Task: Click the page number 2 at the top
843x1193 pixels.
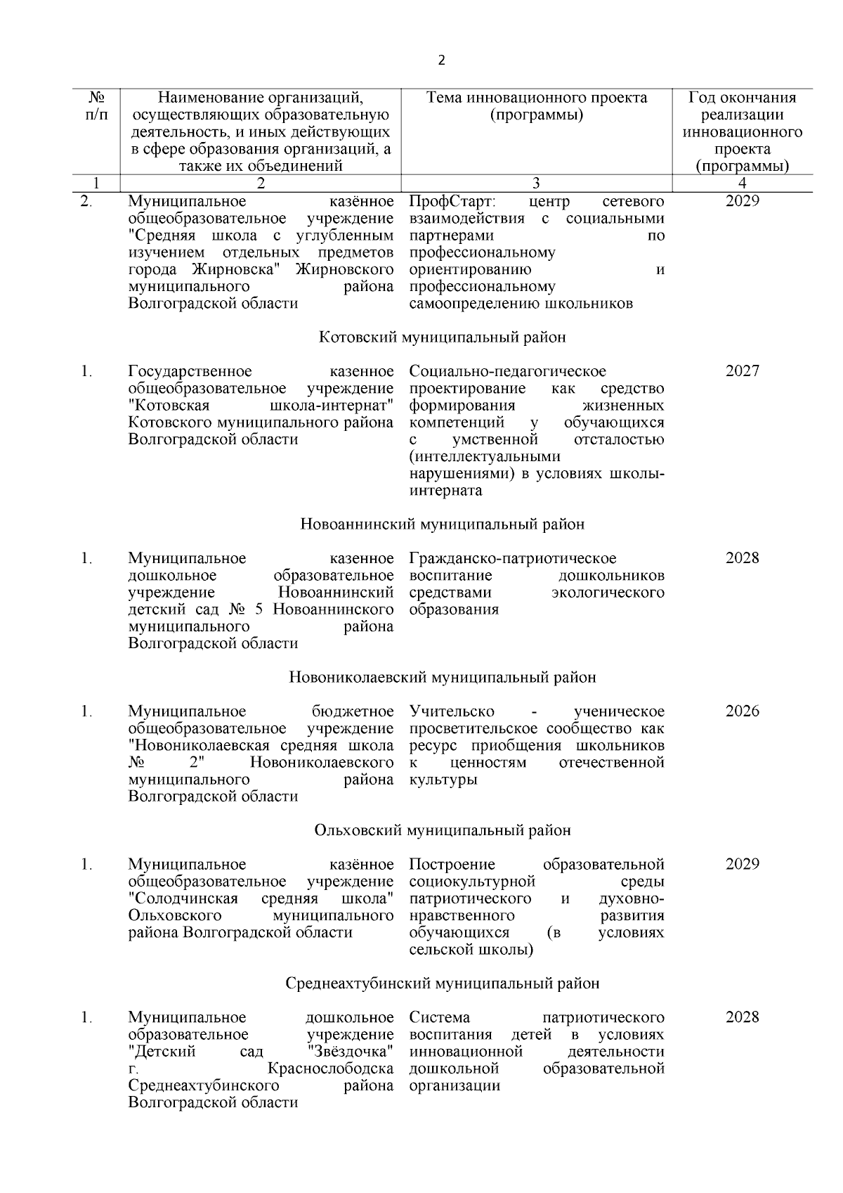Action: click(x=441, y=61)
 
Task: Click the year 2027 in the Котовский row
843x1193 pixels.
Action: click(x=742, y=371)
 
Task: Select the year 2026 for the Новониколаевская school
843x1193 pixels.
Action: click(x=742, y=711)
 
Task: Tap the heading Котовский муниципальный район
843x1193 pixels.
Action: click(x=442, y=337)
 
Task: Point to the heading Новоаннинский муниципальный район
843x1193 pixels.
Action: click(x=442, y=524)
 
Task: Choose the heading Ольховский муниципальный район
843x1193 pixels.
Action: click(x=442, y=831)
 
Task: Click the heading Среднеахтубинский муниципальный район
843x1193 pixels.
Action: click(x=442, y=984)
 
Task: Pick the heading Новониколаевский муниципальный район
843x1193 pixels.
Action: click(x=442, y=678)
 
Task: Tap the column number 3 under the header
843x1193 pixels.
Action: click(x=536, y=183)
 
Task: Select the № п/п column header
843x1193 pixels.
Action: click(x=97, y=106)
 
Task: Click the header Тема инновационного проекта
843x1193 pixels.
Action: click(x=537, y=98)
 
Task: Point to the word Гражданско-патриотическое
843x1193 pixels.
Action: click(x=513, y=559)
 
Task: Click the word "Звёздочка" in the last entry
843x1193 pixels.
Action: click(x=350, y=1052)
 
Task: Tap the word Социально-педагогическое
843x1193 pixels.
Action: click(x=507, y=371)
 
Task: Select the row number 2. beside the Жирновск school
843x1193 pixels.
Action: click(x=86, y=202)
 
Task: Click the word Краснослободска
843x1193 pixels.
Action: click(x=331, y=1069)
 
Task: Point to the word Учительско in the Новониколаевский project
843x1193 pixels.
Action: click(x=451, y=711)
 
